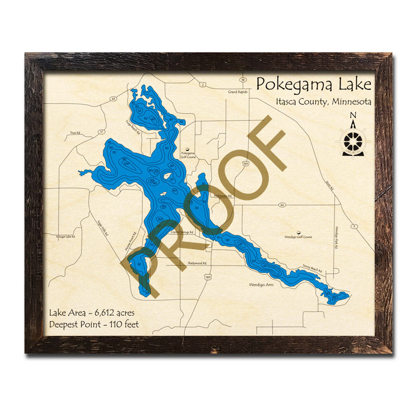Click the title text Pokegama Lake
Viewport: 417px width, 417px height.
[x=314, y=85]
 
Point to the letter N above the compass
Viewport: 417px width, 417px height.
[x=353, y=116]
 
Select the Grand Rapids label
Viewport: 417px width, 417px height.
[x=238, y=92]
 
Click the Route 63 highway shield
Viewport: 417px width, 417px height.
[x=113, y=99]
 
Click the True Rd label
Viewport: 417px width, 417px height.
[x=75, y=133]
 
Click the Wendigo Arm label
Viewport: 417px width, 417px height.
[x=261, y=284]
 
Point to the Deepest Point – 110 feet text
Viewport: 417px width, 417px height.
[x=94, y=324]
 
